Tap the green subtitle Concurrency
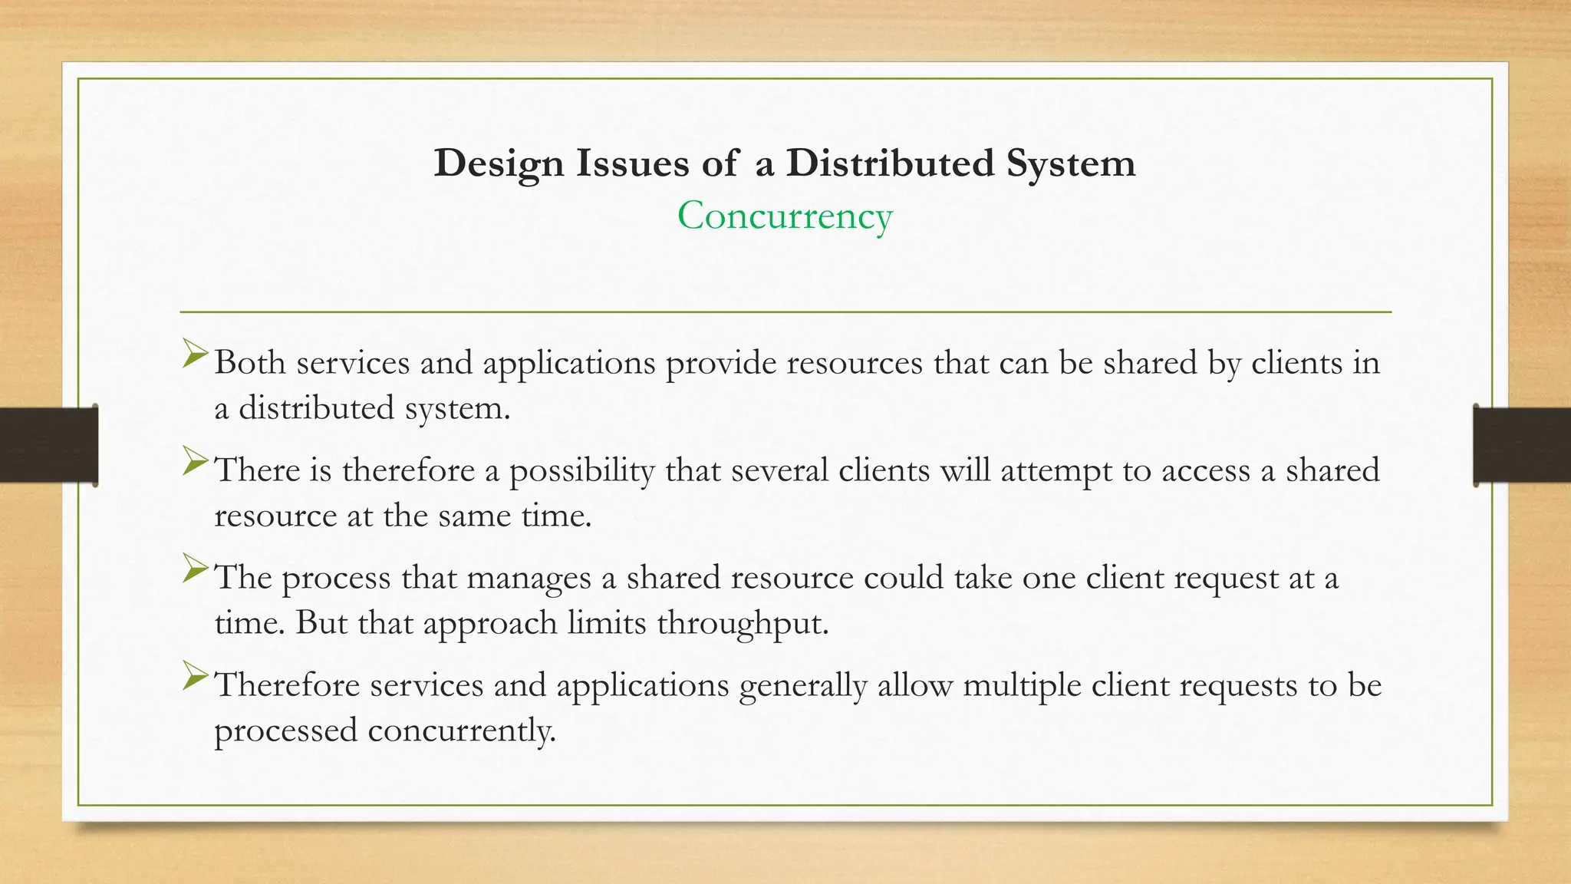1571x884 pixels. (785, 216)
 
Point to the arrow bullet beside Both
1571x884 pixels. (196, 355)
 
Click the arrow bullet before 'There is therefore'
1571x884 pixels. (196, 462)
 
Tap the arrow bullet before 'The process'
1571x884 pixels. (196, 569)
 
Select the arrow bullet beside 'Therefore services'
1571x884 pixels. (196, 677)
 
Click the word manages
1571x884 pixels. (529, 578)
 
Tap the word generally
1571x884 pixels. (802, 685)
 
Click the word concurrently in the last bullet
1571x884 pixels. (460, 731)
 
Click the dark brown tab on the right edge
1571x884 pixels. (1522, 445)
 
